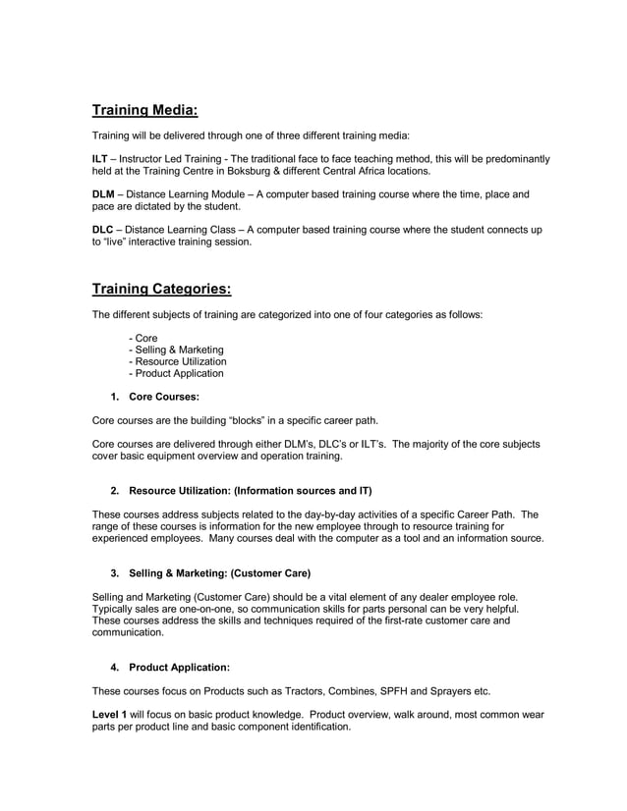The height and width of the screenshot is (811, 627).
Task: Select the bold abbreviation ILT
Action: pyautogui.click(x=99, y=159)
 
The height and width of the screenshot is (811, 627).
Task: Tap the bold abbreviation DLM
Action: pyautogui.click(x=103, y=194)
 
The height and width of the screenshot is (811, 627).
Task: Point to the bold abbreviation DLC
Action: pyautogui.click(x=103, y=230)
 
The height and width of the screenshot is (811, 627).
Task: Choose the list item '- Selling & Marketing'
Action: pyautogui.click(x=176, y=350)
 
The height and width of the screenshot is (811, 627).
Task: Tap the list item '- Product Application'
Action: pyautogui.click(x=176, y=373)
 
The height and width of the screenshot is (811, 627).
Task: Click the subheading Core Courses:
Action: pyautogui.click(x=164, y=397)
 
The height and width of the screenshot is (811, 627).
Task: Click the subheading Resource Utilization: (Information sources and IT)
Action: pyautogui.click(x=250, y=490)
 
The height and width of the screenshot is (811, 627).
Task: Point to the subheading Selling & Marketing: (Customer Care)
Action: pyautogui.click(x=219, y=573)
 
